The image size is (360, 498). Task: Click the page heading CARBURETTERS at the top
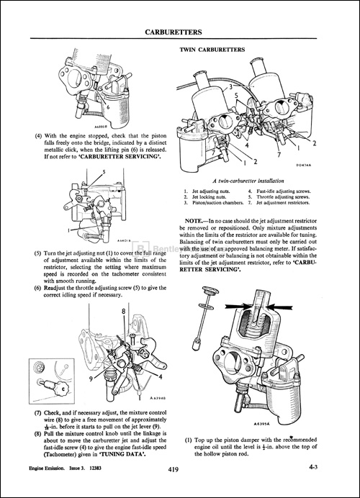point(180,32)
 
